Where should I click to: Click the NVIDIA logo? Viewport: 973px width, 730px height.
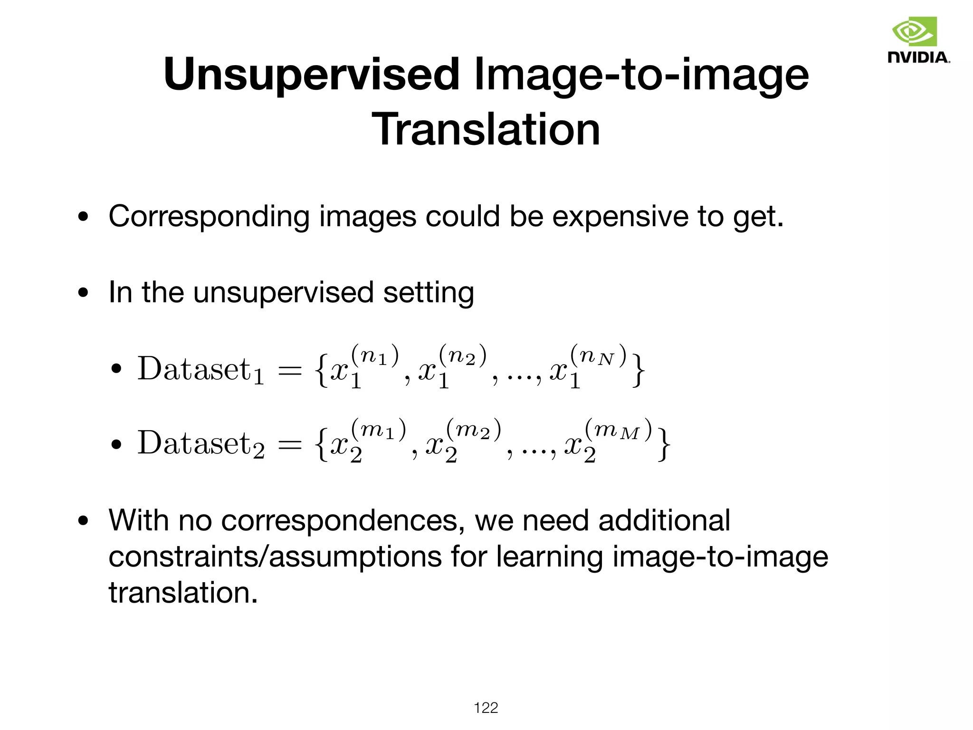click(x=918, y=40)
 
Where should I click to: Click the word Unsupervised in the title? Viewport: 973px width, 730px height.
click(x=311, y=75)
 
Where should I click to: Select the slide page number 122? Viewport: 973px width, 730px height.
click(x=486, y=708)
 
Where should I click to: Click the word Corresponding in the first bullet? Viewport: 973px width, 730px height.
click(x=209, y=217)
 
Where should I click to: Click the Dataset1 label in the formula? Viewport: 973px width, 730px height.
click(x=200, y=369)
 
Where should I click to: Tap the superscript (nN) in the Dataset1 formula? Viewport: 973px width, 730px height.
click(x=598, y=355)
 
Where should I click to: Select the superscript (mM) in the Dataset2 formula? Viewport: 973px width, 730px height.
click(x=618, y=430)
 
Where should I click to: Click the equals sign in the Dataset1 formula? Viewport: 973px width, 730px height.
click(x=289, y=371)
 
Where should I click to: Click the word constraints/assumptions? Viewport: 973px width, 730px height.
click(x=275, y=557)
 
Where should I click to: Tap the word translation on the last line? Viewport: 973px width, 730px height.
click(x=182, y=593)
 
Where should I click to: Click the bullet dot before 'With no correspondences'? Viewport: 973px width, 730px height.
click(x=84, y=521)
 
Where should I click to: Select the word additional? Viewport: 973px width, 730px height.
click(x=664, y=520)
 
